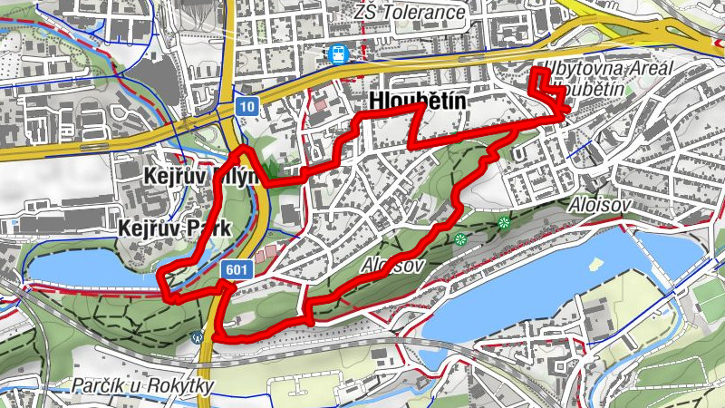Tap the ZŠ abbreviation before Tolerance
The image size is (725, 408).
point(367,14)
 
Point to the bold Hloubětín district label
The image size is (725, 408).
point(418,102)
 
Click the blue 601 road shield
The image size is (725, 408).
point(235,269)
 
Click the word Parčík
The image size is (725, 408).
point(101,385)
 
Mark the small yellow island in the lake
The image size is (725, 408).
point(596,265)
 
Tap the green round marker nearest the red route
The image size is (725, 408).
point(460,239)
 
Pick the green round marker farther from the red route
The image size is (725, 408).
point(504,222)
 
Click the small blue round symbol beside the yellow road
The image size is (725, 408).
point(198,336)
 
